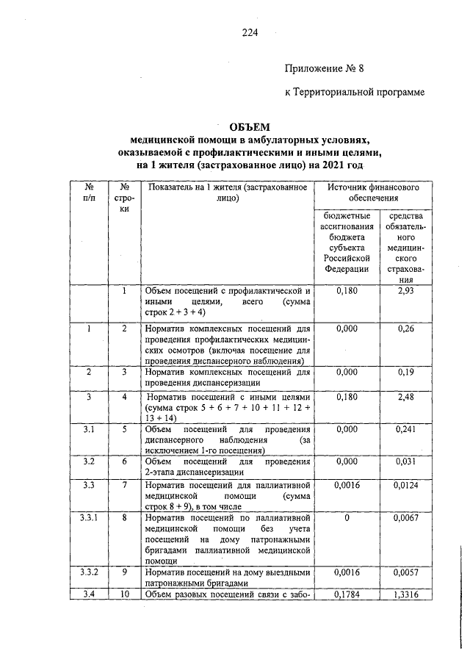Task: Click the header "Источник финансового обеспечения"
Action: pyautogui.click(x=373, y=194)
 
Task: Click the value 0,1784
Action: pyautogui.click(x=345, y=594)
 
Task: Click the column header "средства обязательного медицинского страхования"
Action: pyautogui.click(x=406, y=248)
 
